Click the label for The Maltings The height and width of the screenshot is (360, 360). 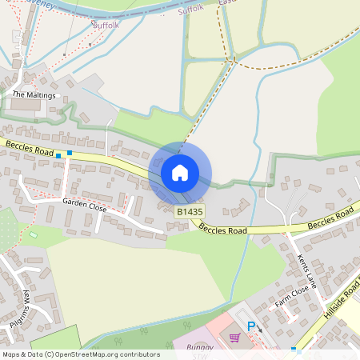tap(34, 94)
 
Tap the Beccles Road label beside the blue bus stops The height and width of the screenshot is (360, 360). tap(28, 147)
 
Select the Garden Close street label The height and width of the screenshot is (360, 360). tap(84, 204)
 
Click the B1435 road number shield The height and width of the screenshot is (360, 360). tap(190, 211)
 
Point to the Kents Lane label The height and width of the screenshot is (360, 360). tap(307, 270)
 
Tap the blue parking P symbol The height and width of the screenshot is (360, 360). tap(251, 326)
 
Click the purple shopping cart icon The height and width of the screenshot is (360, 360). tap(234, 337)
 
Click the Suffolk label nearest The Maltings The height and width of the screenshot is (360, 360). tap(106, 26)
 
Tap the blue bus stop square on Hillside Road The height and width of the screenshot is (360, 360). tap(294, 350)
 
